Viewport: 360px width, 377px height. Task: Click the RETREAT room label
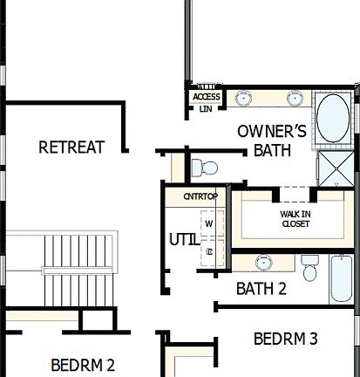click(71, 147)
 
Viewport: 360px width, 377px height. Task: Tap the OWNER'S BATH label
click(272, 141)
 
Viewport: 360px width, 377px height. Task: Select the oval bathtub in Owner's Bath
click(331, 120)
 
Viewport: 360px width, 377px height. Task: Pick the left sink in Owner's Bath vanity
click(242, 98)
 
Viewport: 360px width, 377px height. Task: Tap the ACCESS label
click(207, 97)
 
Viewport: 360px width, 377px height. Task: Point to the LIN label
click(206, 109)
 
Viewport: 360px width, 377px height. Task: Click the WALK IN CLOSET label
click(295, 218)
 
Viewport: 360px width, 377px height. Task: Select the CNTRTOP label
click(200, 196)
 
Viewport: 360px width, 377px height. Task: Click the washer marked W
click(209, 223)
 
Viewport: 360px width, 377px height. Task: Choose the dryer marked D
click(209, 250)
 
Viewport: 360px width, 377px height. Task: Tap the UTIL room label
click(182, 237)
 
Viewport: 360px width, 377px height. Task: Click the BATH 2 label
click(261, 289)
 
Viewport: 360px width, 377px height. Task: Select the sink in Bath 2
click(262, 261)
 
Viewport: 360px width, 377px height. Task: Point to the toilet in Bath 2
click(309, 268)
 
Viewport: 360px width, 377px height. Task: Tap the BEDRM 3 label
click(285, 339)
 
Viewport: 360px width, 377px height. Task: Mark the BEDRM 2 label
click(83, 365)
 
